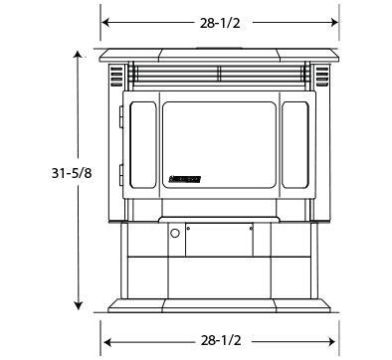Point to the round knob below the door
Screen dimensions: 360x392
click(x=175, y=234)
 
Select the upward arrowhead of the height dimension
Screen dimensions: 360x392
click(x=78, y=57)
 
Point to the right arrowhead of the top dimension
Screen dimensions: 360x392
click(x=332, y=22)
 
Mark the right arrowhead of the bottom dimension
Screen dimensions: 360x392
click(x=332, y=340)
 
